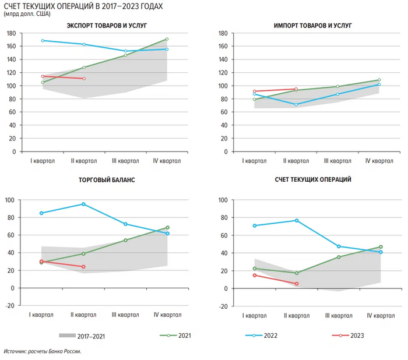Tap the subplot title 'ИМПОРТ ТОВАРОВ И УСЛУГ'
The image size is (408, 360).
(312, 26)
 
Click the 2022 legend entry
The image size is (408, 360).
(265, 336)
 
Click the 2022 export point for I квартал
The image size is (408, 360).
(43, 40)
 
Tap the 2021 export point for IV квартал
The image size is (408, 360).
(167, 40)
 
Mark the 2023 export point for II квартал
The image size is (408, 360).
(84, 79)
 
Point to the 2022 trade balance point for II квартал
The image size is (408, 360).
(84, 204)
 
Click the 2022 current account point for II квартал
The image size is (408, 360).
(296, 220)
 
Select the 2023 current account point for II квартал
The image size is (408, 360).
(296, 284)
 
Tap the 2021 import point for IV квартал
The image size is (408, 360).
(379, 80)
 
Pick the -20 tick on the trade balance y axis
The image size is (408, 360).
(11, 306)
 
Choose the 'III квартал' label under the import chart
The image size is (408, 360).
(337, 161)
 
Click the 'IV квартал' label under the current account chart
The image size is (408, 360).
(379, 315)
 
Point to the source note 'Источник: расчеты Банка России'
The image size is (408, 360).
(42, 352)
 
